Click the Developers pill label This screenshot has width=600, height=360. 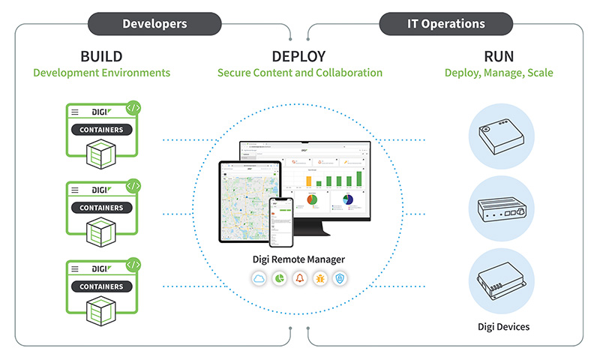click(x=154, y=23)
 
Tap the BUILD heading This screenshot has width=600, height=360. click(x=101, y=56)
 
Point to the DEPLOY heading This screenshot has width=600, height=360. click(x=299, y=56)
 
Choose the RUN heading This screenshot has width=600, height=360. click(x=499, y=56)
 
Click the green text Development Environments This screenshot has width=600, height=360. click(x=101, y=73)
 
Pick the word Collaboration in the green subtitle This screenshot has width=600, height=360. click(x=345, y=73)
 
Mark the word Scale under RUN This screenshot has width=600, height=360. click(x=539, y=73)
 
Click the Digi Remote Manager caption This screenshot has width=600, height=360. click(x=299, y=259)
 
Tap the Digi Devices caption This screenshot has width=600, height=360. click(x=503, y=326)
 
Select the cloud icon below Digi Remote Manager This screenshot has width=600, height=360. click(x=257, y=279)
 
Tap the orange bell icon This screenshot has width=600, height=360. click(x=299, y=279)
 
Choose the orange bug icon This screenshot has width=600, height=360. click(x=320, y=279)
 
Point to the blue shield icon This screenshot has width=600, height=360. click(x=341, y=279)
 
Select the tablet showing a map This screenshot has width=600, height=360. click(x=248, y=202)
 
